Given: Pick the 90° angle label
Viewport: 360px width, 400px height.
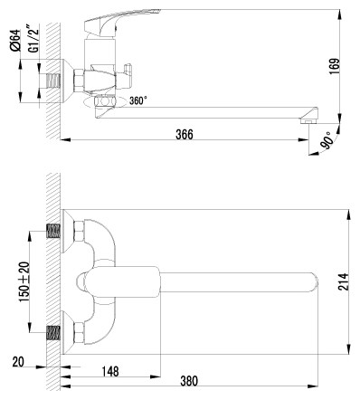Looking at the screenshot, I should (x=330, y=142).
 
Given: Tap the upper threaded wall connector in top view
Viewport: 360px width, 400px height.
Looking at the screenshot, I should (x=53, y=233).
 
